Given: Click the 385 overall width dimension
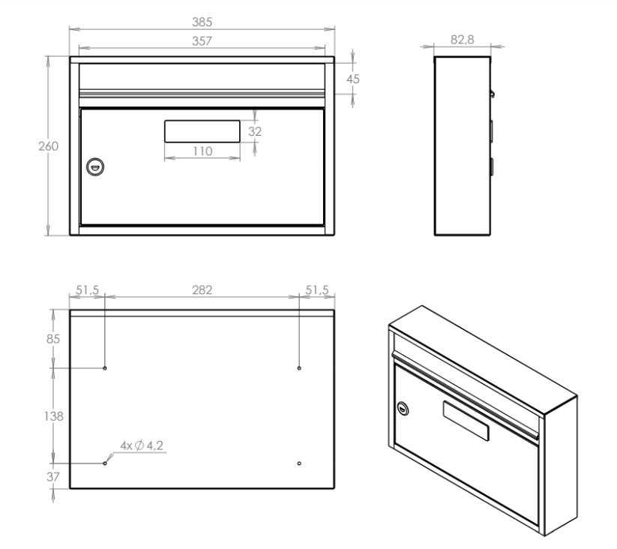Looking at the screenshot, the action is click(x=202, y=22).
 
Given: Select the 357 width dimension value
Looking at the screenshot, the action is click(x=202, y=41).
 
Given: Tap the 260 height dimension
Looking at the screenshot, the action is click(x=49, y=146).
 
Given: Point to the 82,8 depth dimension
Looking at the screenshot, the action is click(x=463, y=40).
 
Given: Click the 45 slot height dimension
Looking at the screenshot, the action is click(x=353, y=79).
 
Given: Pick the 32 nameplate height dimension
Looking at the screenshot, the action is click(x=255, y=131).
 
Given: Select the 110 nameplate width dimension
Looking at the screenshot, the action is click(x=202, y=151).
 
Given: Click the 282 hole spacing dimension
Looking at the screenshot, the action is click(x=202, y=290).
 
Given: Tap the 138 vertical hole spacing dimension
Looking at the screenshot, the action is click(x=53, y=416).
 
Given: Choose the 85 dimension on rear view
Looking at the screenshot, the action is click(x=53, y=339).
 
